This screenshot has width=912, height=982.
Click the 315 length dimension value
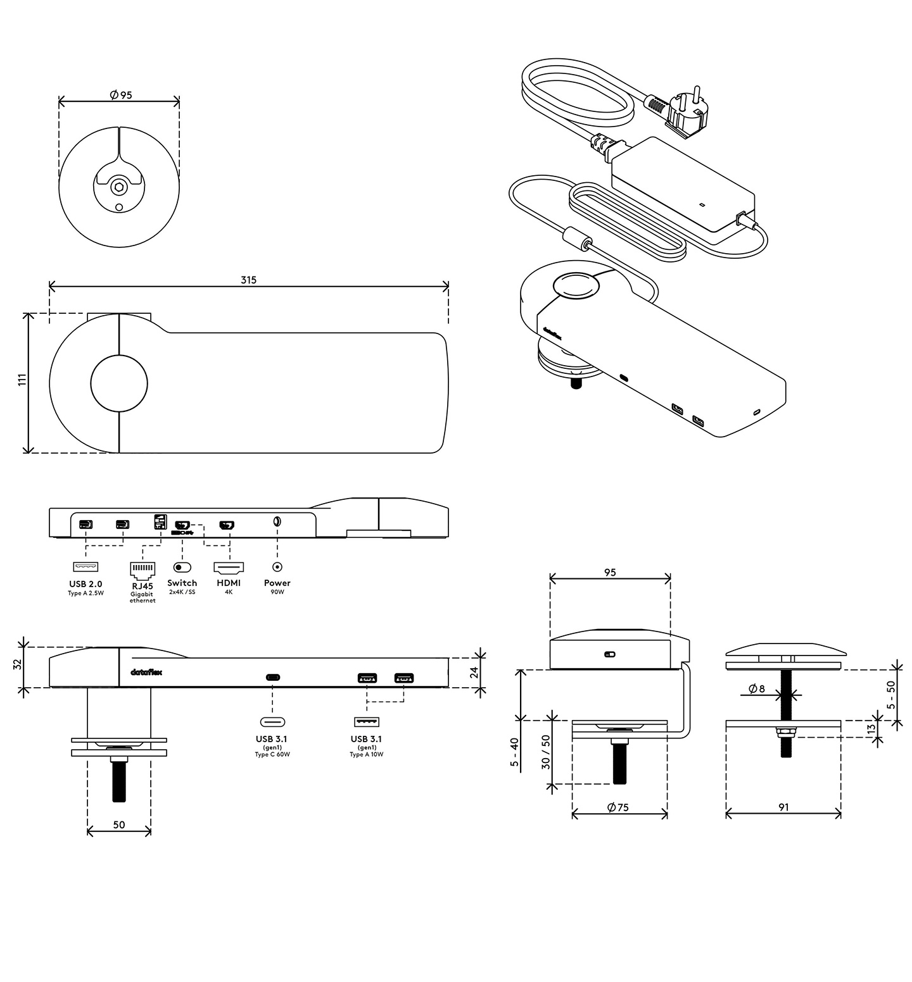pos(249,280)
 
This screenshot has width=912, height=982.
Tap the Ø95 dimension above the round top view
pos(120,95)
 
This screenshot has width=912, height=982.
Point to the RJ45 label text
pos(142,586)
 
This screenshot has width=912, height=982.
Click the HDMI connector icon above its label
pos(229,567)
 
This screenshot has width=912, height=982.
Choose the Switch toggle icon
pos(182,567)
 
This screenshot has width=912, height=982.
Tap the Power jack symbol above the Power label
pos(277,568)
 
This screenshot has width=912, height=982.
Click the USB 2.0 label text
pos(85,583)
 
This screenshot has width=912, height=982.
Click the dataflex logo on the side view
pos(146,673)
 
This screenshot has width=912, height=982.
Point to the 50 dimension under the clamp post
pos(119,824)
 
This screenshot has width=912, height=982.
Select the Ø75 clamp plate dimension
pos(618,807)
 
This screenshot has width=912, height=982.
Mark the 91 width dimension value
pos(783,807)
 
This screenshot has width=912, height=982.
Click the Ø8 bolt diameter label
pos(757,688)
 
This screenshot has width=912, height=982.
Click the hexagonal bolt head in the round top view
pos(118,187)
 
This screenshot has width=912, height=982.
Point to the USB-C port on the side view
pos(273,677)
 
